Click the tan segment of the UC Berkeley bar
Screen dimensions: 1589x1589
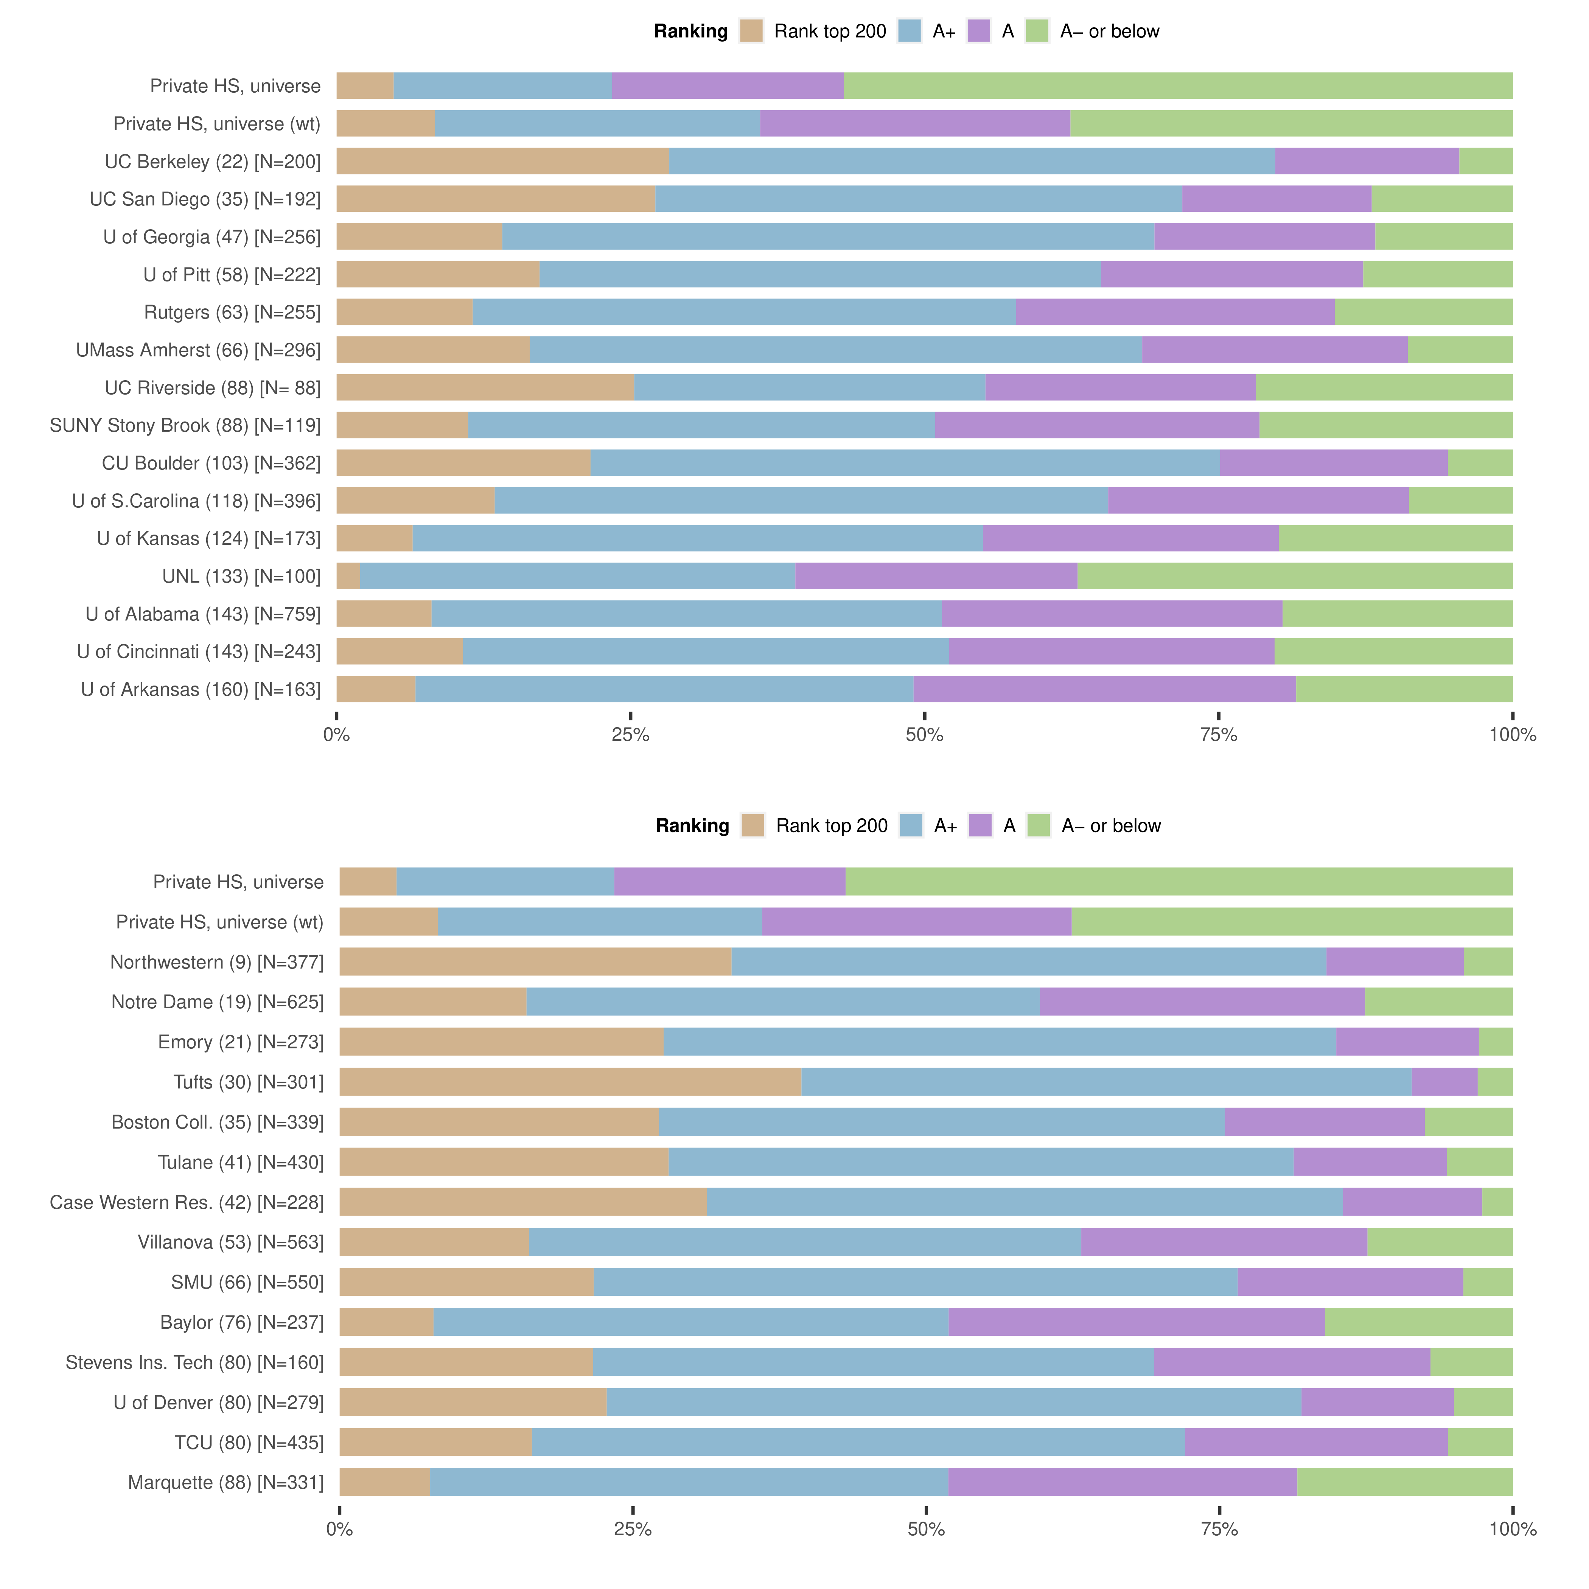click(502, 161)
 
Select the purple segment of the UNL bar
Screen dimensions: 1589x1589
click(936, 576)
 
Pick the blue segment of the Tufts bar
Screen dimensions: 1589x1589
click(1106, 1082)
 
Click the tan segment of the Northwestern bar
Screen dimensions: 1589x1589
click(535, 961)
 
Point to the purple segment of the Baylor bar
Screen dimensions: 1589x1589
click(1137, 1322)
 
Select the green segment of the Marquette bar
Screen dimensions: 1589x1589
click(1405, 1482)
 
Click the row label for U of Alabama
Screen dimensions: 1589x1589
click(203, 614)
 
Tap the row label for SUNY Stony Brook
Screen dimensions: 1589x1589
click(185, 425)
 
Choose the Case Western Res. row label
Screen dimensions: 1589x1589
click(187, 1202)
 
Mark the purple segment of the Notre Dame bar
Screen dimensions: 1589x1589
click(1202, 1002)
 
